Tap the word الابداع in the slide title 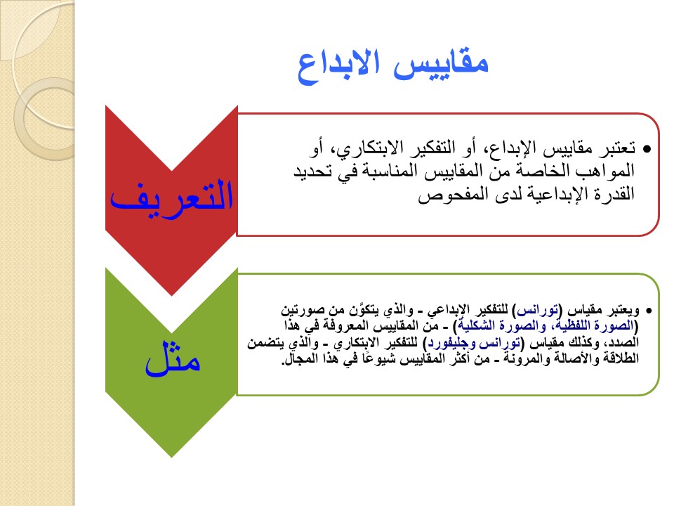click(338, 67)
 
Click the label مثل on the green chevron click(173, 359)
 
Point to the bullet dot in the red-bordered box click(647, 149)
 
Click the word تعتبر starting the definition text click(616, 148)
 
